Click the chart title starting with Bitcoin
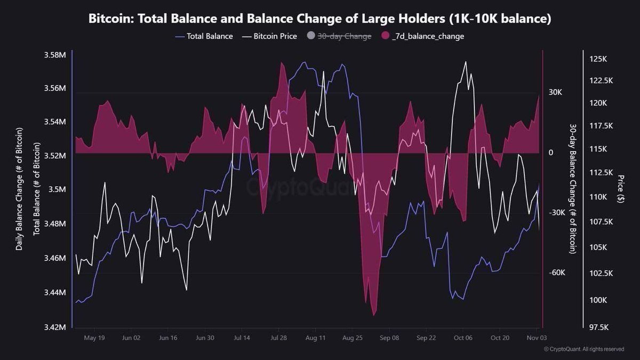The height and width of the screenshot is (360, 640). pyautogui.click(x=319, y=19)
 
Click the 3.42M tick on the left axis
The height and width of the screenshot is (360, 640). pyautogui.click(x=54, y=327)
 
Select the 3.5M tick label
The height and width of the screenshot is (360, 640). pyautogui.click(x=57, y=190)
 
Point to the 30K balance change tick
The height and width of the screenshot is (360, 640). pyautogui.click(x=555, y=92)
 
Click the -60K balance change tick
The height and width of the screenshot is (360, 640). pyautogui.click(x=556, y=273)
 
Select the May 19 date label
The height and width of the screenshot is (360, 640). pyautogui.click(x=94, y=338)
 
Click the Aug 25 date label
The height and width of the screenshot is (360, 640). pyautogui.click(x=353, y=338)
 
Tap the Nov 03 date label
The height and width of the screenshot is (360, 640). pyautogui.click(x=536, y=338)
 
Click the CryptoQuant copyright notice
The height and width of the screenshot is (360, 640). pyautogui.click(x=583, y=349)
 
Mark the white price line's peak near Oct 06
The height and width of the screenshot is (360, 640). pyautogui.click(x=466, y=62)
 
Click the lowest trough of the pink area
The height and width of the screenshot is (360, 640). pyautogui.click(x=374, y=315)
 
